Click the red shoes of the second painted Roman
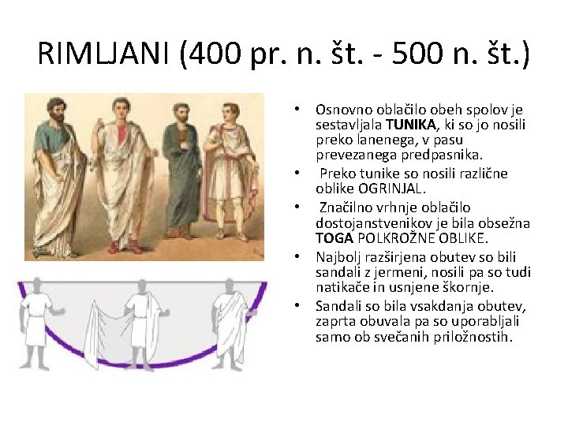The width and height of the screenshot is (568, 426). (125, 246)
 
